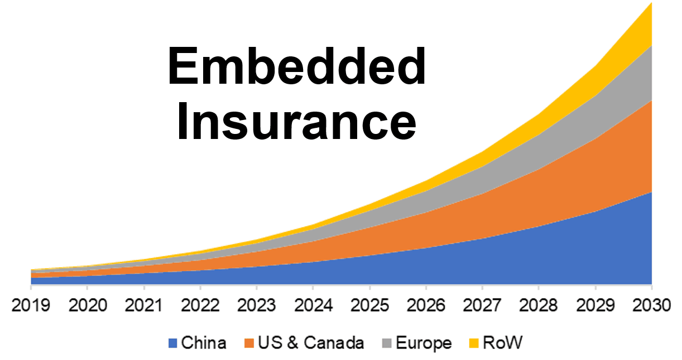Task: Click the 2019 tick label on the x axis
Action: [x=31, y=306]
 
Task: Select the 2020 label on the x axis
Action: [x=87, y=306]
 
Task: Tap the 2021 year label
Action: [x=144, y=306]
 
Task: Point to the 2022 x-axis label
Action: [x=200, y=306]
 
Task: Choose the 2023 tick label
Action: [x=257, y=306]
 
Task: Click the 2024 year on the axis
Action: [x=313, y=306]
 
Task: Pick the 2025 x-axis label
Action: [x=369, y=306]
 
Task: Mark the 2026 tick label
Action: [x=426, y=306]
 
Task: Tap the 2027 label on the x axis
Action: [x=482, y=306]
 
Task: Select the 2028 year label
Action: [x=539, y=306]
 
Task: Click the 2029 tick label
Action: [x=595, y=306]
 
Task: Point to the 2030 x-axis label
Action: [x=651, y=306]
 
